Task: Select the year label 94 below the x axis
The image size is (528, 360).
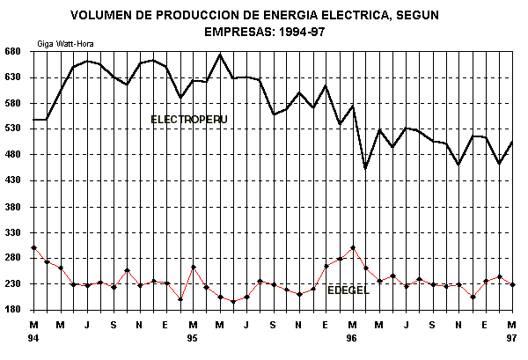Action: [x=33, y=338]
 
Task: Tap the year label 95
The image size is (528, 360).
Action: [x=193, y=338]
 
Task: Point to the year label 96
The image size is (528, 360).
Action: [x=352, y=338]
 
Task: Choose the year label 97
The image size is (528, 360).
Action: [x=512, y=338]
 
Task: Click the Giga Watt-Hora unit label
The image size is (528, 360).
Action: [x=66, y=42]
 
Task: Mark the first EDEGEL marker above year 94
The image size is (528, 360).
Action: [x=33, y=248]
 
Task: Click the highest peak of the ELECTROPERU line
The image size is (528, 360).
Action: [x=220, y=55]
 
